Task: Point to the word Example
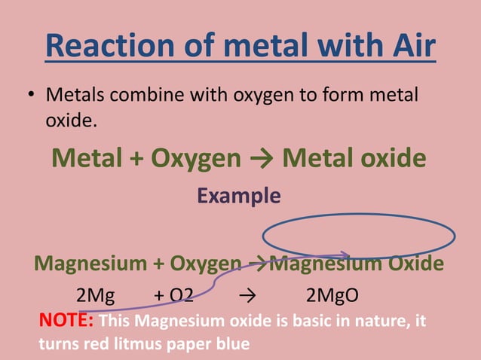[x=239, y=196]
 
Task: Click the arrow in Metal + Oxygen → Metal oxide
[x=262, y=158]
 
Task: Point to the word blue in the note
[x=231, y=344]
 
